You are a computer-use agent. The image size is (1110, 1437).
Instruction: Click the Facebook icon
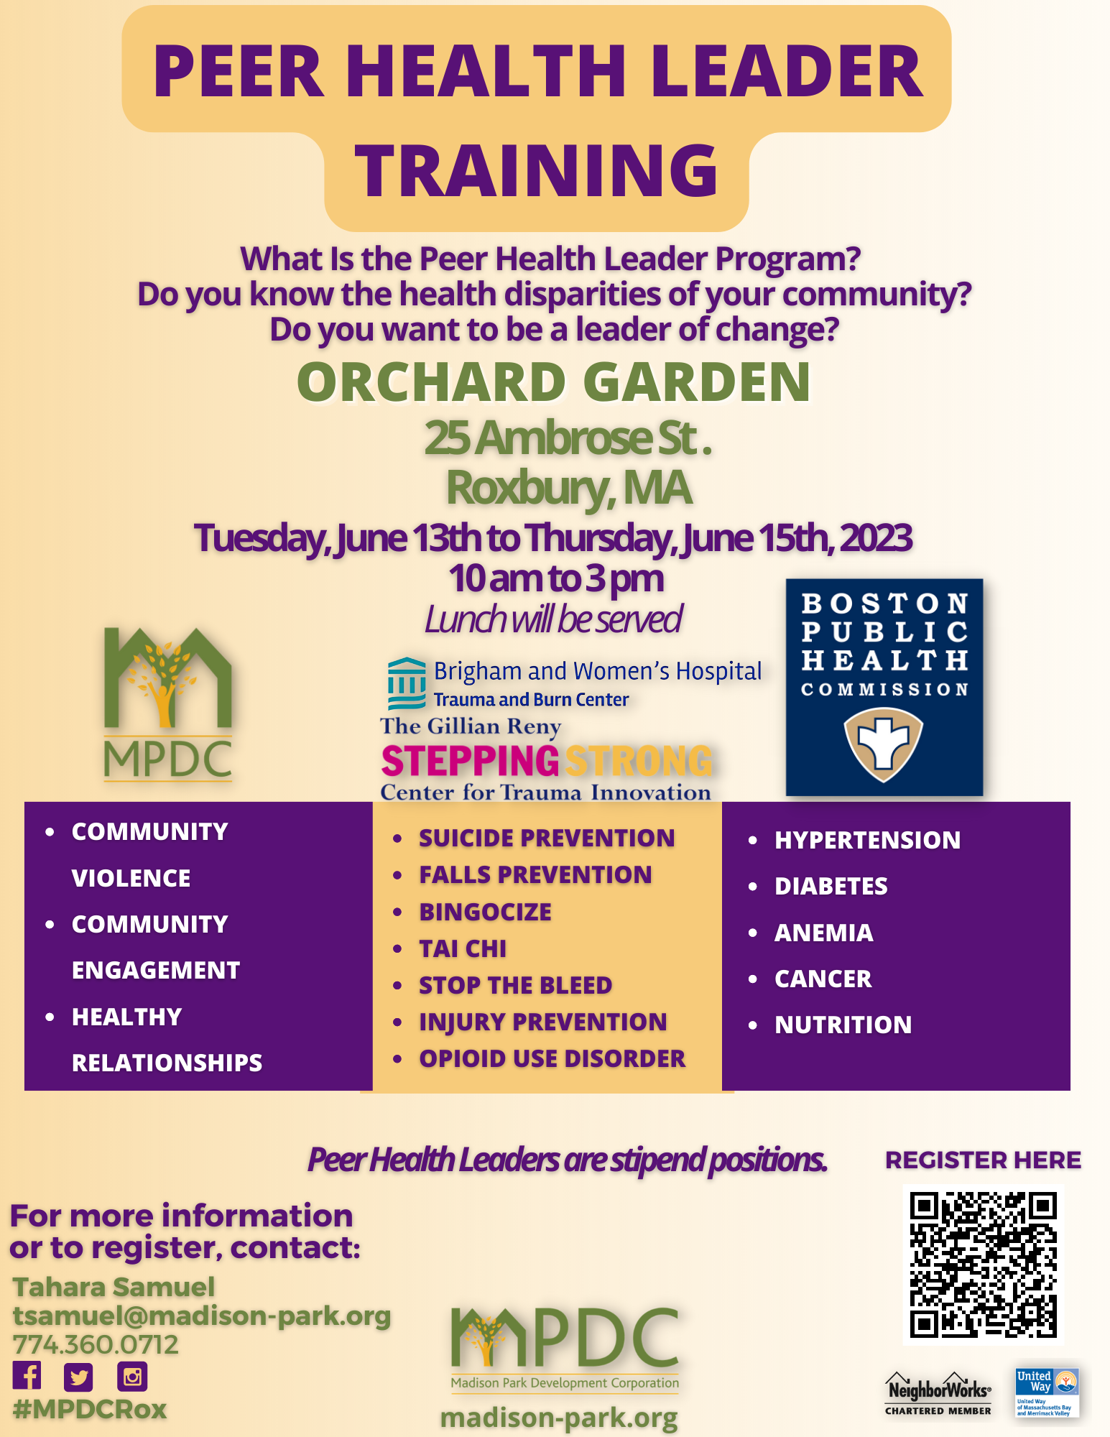click(27, 1375)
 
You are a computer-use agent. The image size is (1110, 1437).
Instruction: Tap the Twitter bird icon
click(78, 1377)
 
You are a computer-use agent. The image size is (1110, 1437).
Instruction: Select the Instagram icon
click(132, 1377)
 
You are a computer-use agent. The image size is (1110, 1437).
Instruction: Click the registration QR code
click(983, 1265)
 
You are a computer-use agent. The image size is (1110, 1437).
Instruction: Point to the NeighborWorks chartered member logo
click(938, 1394)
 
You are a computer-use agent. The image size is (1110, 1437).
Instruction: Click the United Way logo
click(1047, 1392)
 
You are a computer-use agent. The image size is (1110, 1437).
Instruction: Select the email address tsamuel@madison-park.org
click(202, 1316)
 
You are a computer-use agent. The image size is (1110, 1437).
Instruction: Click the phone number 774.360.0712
click(96, 1344)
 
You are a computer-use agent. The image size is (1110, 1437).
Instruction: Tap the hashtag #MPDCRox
click(90, 1409)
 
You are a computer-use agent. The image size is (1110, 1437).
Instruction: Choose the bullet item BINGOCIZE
click(486, 912)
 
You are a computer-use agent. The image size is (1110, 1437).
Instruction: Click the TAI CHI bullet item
click(463, 948)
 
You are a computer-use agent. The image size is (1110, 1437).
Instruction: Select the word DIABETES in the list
click(831, 886)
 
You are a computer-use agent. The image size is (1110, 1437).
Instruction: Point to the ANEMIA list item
click(824, 933)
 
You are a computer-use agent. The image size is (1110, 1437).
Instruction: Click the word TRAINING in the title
click(537, 170)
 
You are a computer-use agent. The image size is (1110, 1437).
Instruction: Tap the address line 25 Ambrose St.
click(568, 438)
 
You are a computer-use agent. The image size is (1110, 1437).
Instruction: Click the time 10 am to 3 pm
click(556, 578)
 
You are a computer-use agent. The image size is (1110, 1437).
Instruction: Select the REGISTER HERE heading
click(983, 1160)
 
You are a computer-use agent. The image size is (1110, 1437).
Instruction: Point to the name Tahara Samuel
click(114, 1287)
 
